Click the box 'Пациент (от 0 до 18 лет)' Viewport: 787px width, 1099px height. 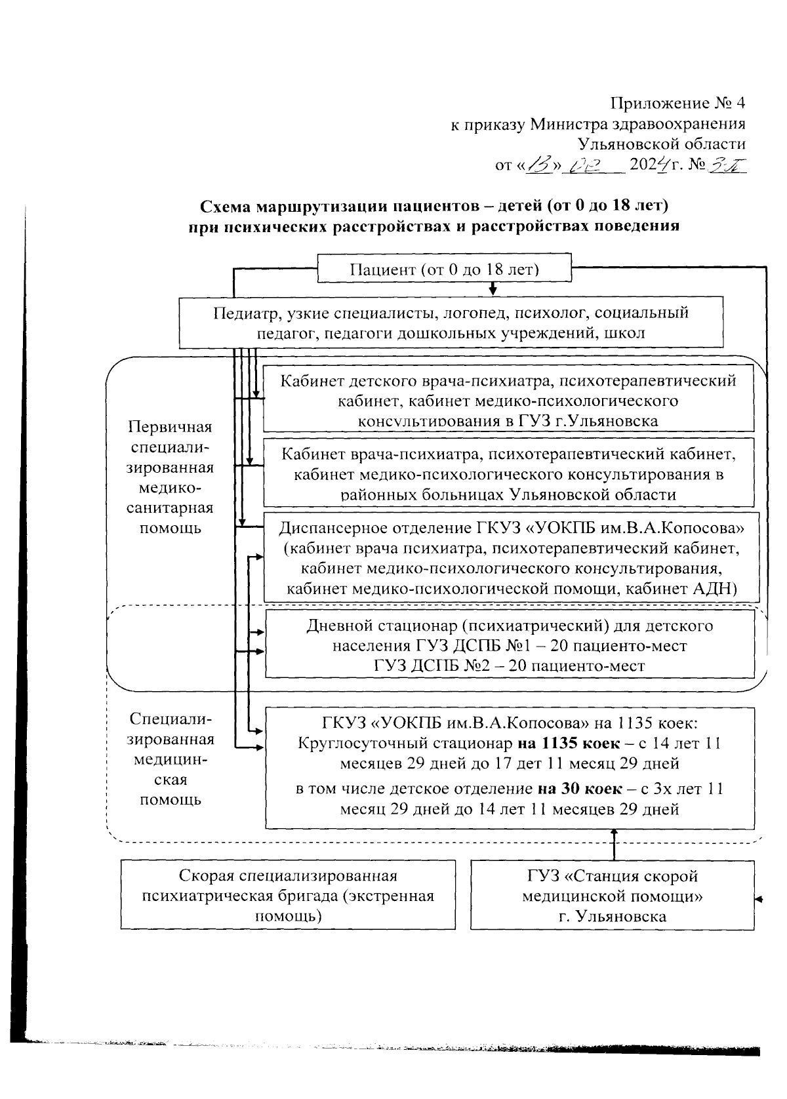pos(444,270)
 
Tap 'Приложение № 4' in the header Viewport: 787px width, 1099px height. pos(677,103)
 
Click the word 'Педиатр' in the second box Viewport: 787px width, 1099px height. pos(242,313)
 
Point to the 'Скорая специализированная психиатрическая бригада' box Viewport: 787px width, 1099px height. pos(288,895)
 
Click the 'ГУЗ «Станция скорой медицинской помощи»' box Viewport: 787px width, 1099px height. pos(612,895)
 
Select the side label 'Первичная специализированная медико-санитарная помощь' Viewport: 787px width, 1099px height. pos(171,477)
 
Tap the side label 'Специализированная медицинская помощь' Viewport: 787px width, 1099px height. pos(171,759)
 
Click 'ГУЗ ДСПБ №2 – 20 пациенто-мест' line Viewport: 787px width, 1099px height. pos(509,666)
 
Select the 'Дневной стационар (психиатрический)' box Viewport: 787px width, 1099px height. pos(509,645)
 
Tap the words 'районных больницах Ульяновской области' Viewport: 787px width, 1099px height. pos(508,495)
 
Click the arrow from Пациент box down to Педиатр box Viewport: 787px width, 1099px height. pos(493,289)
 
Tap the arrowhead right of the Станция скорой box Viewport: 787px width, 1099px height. pos(759,898)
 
